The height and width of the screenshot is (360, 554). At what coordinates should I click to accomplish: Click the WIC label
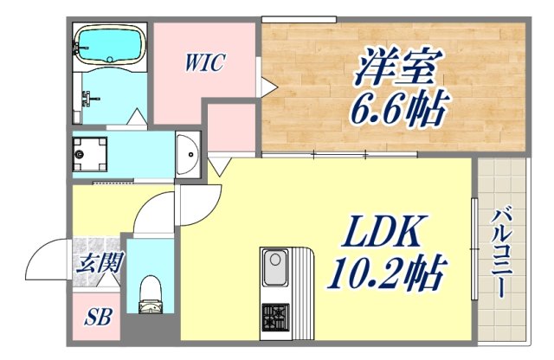pyautogui.click(x=205, y=63)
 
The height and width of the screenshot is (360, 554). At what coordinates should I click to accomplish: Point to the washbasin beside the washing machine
pyautogui.click(x=188, y=154)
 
